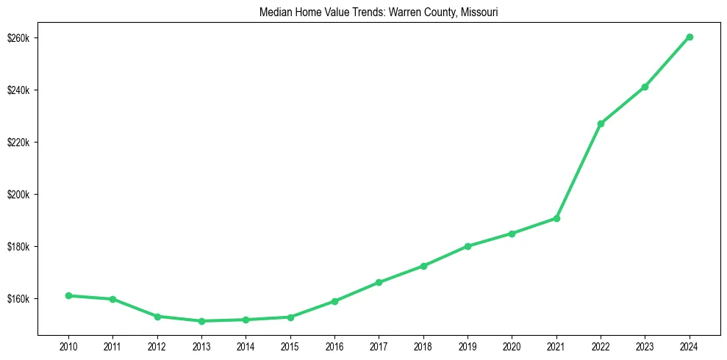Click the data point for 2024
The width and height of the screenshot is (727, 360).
[x=690, y=37]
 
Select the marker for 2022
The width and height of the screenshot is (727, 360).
[x=601, y=123]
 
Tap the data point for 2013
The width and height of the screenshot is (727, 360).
[x=201, y=321]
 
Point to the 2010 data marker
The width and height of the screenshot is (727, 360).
[x=68, y=295]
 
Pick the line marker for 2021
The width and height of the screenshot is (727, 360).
[x=556, y=218]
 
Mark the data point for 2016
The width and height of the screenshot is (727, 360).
[x=334, y=301]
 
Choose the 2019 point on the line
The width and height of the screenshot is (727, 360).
[x=468, y=246]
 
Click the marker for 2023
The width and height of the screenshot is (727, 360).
[x=645, y=87]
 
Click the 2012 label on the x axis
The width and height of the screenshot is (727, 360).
[x=157, y=346]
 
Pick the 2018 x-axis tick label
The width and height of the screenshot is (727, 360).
[x=423, y=346]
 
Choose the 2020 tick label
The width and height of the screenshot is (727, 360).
[x=512, y=346]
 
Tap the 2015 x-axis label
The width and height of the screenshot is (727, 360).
[x=290, y=346]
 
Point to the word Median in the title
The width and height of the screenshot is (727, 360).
[x=275, y=12]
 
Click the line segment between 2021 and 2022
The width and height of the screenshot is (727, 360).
[x=579, y=171]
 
